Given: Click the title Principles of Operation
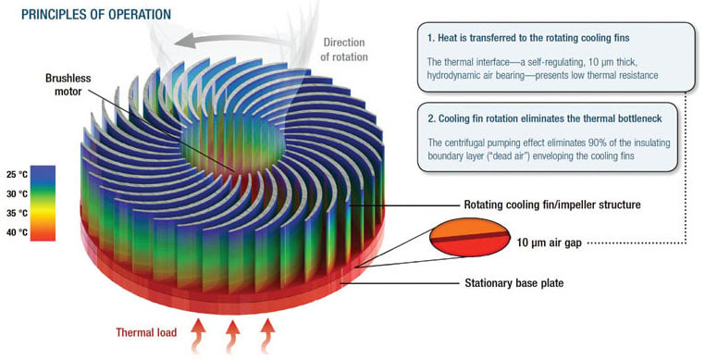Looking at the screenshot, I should pyautogui.click(x=95, y=14).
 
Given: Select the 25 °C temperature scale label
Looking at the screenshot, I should pyautogui.click(x=18, y=173).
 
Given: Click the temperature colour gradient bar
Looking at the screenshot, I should pyautogui.click(x=44, y=204).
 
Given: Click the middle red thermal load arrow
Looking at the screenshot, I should pyautogui.click(x=231, y=335).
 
